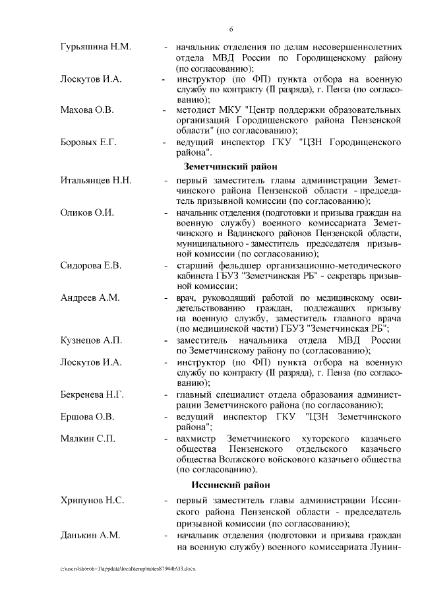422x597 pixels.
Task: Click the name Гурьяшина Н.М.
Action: (96, 47)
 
